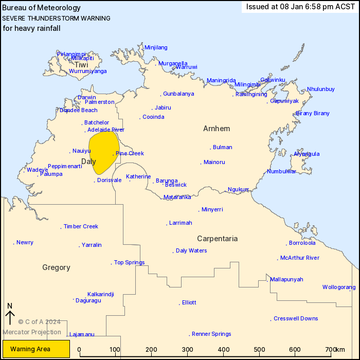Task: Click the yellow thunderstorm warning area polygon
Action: (x=102, y=152)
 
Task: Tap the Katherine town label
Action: (x=138, y=176)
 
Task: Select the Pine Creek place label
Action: (x=130, y=153)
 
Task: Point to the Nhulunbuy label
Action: (x=321, y=89)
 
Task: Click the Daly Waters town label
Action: (x=191, y=250)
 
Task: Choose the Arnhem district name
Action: (x=217, y=129)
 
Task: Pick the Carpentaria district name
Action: (x=218, y=239)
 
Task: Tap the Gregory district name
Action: (x=56, y=267)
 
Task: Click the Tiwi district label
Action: (x=81, y=65)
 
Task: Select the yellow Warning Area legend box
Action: (x=36, y=349)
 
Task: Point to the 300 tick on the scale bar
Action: (x=188, y=350)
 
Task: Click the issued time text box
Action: (x=300, y=7)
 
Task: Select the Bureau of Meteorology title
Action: (x=42, y=8)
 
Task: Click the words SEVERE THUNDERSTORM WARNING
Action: (x=56, y=18)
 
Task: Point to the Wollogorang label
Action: (x=339, y=287)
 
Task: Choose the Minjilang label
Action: (x=156, y=47)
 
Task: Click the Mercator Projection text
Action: (x=32, y=332)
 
